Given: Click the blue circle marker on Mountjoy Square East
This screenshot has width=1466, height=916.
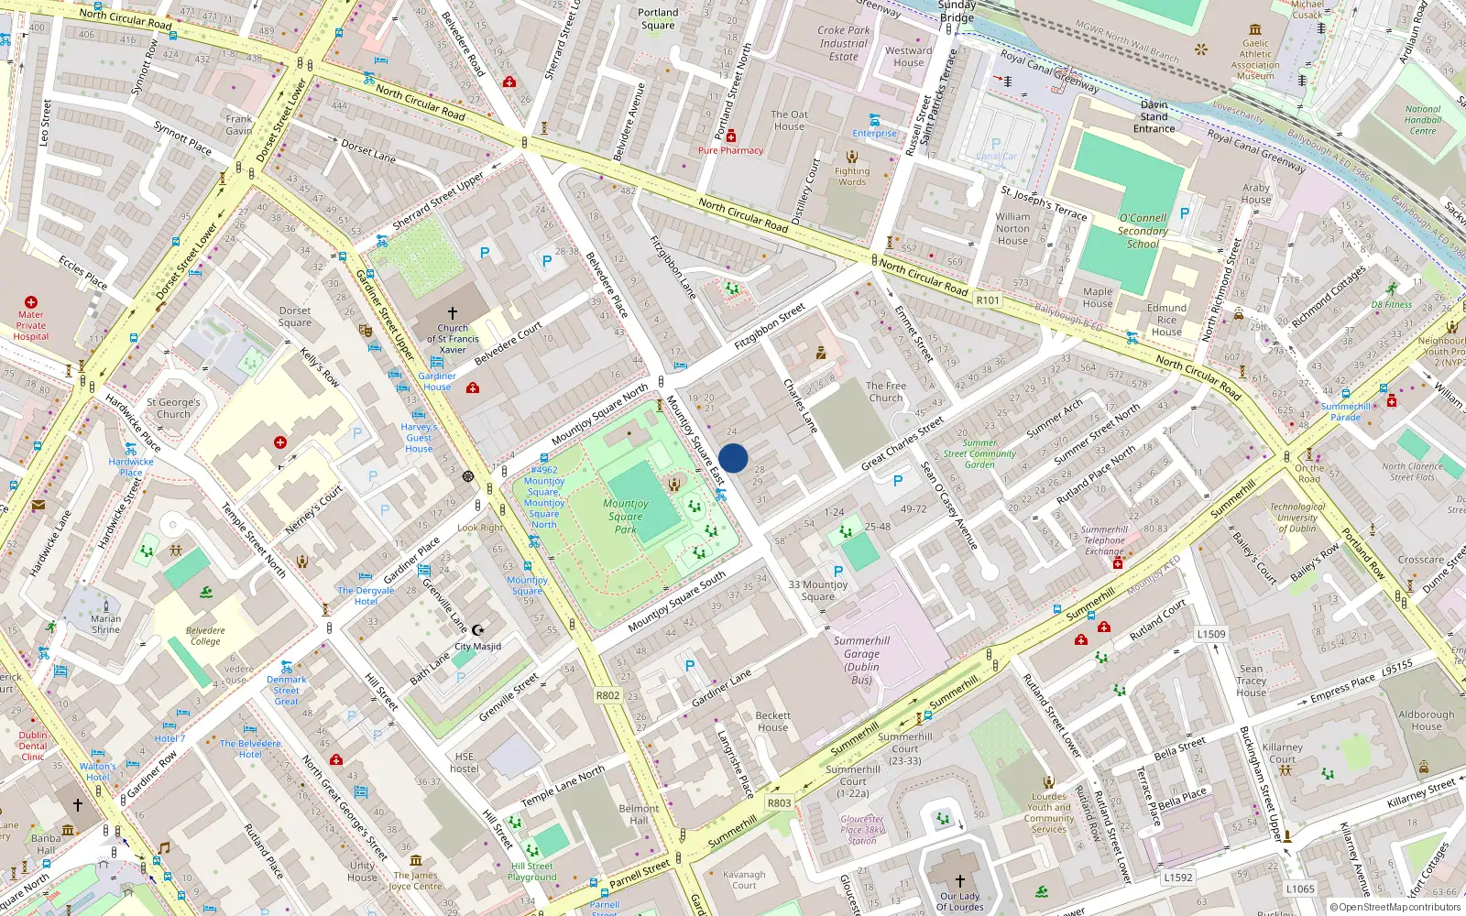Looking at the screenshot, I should [x=733, y=458].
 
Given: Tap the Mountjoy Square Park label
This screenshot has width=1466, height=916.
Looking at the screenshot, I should [x=626, y=517].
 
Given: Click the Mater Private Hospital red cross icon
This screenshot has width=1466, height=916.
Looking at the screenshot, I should [x=31, y=302].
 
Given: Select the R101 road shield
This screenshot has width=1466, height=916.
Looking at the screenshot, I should [x=988, y=300].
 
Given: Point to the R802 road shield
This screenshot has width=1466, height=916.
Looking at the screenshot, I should [x=607, y=695].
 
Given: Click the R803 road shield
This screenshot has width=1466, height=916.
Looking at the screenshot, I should [x=779, y=803].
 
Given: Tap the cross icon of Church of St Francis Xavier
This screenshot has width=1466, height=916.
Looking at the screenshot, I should [x=453, y=313].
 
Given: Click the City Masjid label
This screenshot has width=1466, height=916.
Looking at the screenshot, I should [x=477, y=646].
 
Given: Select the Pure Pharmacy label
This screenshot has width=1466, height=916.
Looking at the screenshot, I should [x=730, y=150].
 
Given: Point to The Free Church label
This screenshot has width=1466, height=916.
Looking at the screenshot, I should [x=885, y=392].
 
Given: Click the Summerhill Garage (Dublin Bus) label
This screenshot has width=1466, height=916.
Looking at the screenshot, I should [x=861, y=660].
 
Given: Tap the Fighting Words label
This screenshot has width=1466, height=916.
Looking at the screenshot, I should [x=852, y=176].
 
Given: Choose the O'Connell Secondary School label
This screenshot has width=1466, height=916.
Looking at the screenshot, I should [x=1143, y=231].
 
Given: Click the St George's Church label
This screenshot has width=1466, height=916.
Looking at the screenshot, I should [x=173, y=408].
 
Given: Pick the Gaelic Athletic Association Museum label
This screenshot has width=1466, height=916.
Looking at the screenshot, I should [x=1255, y=60].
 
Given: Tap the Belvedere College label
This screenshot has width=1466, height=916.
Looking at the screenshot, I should [x=205, y=636].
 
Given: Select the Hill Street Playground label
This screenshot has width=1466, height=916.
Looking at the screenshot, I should [x=532, y=871].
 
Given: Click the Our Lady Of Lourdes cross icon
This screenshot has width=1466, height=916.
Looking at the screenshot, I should [x=959, y=881].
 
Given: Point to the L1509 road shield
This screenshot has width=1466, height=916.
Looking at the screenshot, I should [x=1210, y=634].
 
